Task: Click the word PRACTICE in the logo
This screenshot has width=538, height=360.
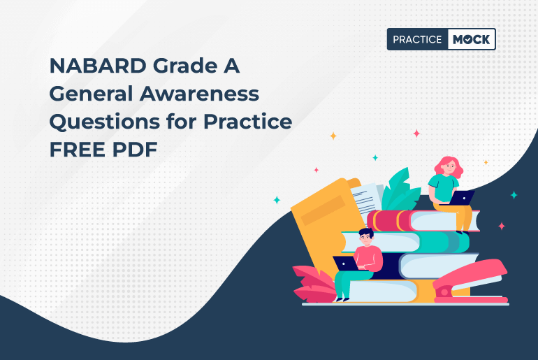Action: click(417, 40)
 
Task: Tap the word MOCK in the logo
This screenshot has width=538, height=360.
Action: click(470, 40)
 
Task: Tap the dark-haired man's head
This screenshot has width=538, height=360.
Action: click(366, 236)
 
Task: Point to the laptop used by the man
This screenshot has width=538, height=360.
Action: click(345, 264)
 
